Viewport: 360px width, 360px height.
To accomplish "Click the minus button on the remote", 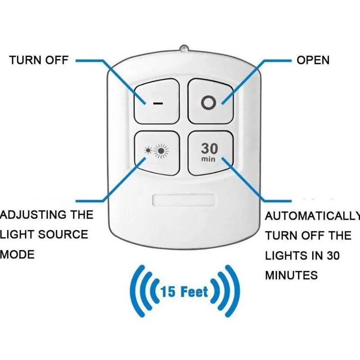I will pos(157,102).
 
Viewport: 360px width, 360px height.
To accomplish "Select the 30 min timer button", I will pos(209,153).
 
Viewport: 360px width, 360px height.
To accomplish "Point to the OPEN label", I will pos(313,60).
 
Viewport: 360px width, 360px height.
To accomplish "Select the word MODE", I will pos(17,255).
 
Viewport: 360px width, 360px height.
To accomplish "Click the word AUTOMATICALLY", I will pos(310,216).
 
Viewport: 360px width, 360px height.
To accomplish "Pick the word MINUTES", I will pos(291,275).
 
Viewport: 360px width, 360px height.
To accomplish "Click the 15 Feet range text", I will pos(184,292).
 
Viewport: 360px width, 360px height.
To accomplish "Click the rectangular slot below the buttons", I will pos(184,199).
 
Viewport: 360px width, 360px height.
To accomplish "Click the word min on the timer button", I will pos(209,159).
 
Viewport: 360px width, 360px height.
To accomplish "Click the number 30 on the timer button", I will pos(209,148).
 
